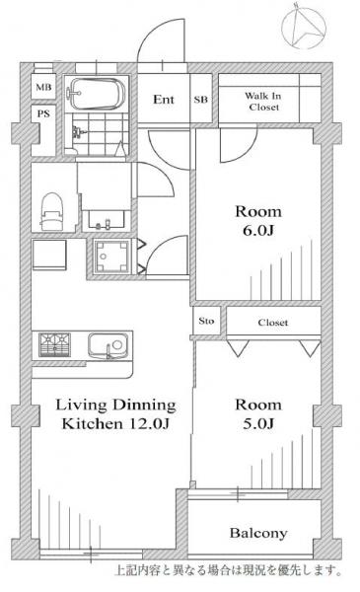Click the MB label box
tap(43, 87)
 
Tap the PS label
tap(43, 113)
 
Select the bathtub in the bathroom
tap(97, 94)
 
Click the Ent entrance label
tap(164, 100)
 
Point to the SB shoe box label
tap(201, 100)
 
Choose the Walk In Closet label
tap(263, 102)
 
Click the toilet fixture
tap(51, 211)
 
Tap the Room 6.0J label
tap(258, 220)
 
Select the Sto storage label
tap(206, 321)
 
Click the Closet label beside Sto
tap(273, 323)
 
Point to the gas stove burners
tap(54, 344)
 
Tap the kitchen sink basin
tap(108, 345)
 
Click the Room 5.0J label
tap(258, 414)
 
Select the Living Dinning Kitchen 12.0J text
tap(115, 414)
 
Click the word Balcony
tap(258, 533)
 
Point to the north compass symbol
tap(304, 28)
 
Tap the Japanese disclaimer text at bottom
tap(229, 570)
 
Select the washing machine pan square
tap(111, 257)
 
